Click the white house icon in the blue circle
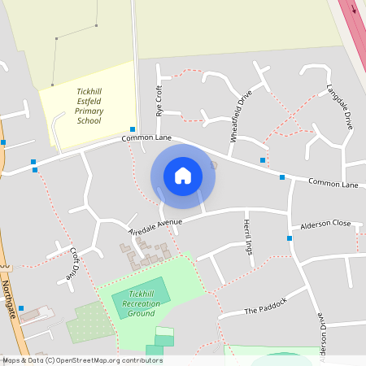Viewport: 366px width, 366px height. click(183, 176)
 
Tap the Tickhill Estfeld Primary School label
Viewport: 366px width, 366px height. click(89, 106)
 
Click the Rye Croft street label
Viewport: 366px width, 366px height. click(159, 101)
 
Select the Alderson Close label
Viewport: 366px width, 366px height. click(325, 224)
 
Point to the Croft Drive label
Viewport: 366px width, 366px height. click(78, 264)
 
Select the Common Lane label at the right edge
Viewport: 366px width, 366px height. click(333, 185)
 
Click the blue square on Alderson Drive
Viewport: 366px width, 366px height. click(290, 238)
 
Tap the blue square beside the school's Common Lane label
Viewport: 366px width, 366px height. click(133, 129)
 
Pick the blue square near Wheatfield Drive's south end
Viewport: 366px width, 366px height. click(263, 159)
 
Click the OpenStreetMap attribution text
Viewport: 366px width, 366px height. click(82, 360)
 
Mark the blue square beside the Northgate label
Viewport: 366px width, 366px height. click(21, 308)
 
